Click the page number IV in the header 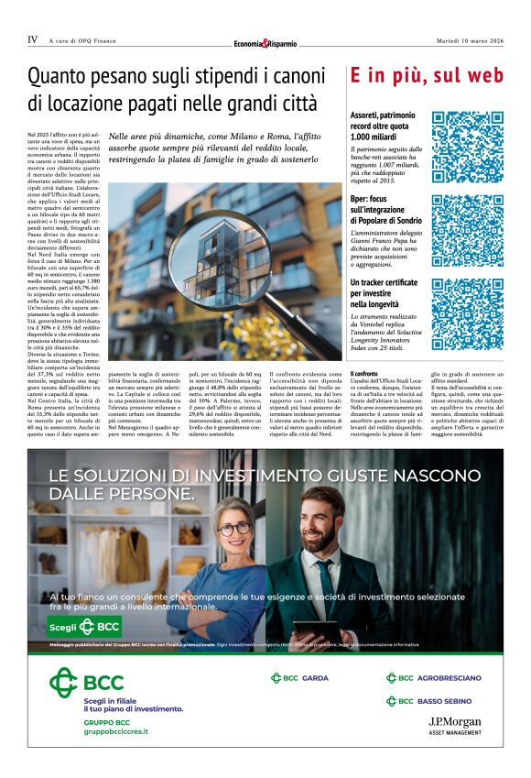(33, 39)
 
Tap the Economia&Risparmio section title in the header (265, 43)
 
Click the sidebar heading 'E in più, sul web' (427, 76)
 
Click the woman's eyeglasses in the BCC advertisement (234, 531)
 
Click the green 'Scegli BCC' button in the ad (84, 627)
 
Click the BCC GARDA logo (299, 678)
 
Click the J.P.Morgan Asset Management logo (454, 726)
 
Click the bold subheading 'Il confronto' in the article (363, 372)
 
